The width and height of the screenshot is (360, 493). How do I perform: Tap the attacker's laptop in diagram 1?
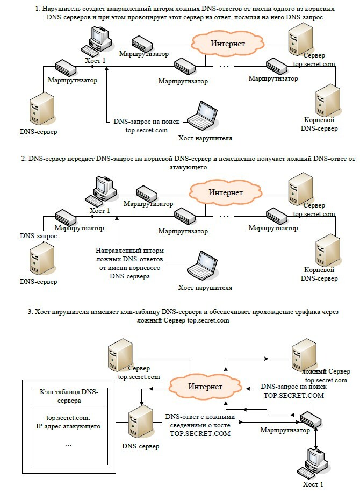(200, 116)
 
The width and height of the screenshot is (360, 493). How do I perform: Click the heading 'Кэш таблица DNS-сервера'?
(67, 396)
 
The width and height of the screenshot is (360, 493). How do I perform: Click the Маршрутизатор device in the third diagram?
(310, 419)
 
